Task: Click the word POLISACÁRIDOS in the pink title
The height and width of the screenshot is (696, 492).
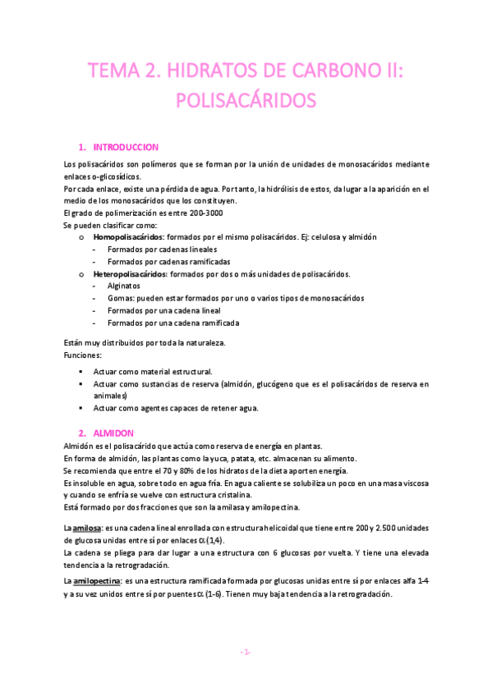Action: pos(246,102)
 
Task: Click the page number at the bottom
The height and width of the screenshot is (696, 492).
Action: pos(246,652)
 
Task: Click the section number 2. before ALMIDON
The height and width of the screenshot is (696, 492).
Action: pos(82,433)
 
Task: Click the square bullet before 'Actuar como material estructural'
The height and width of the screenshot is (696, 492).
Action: pos(80,372)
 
